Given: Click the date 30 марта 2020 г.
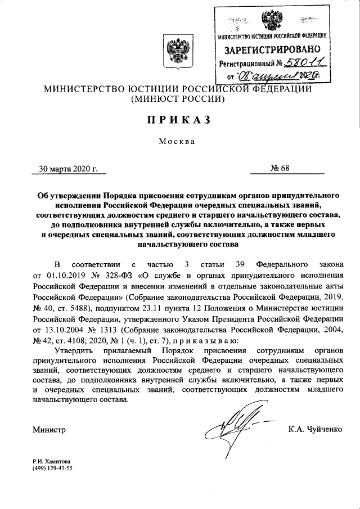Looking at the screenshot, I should click(69, 168).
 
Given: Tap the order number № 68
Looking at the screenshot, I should click(280, 168).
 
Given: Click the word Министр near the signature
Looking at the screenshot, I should click(50, 430).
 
